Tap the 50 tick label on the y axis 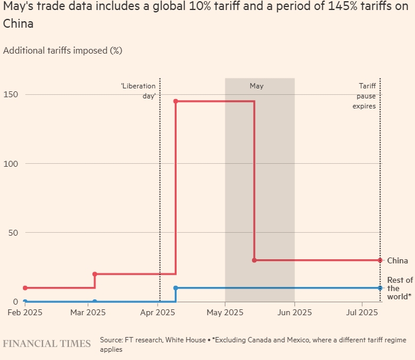click(8, 232)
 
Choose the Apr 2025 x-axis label click(156, 312)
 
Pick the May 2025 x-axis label click(225, 312)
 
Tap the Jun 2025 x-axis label click(294, 312)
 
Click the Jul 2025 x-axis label click(360, 312)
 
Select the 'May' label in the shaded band click(257, 86)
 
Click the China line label click(397, 260)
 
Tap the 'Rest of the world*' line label click(400, 288)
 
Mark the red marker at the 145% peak click(175, 101)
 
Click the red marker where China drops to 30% click(254, 260)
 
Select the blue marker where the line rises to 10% click(175, 288)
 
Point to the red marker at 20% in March click(95, 274)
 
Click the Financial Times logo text click(47, 344)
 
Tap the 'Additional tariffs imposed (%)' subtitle click(62, 51)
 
